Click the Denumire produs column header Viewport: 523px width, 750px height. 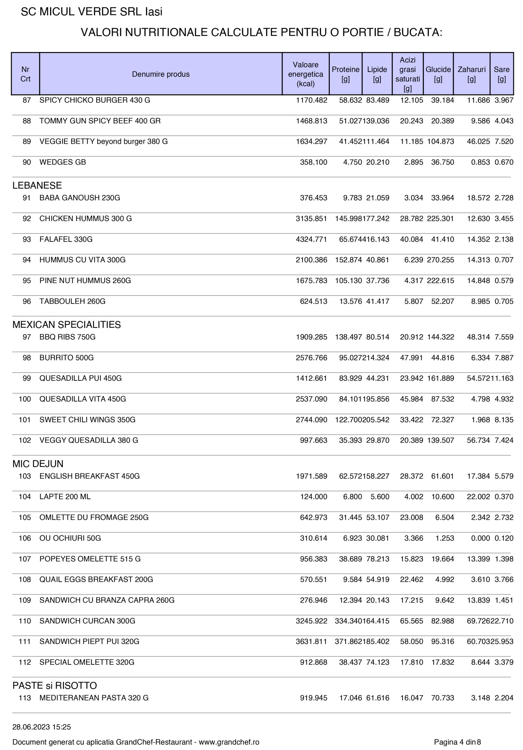pos(160,74)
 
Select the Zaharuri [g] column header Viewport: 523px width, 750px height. pos(471,74)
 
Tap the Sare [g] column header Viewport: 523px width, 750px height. pos(501,74)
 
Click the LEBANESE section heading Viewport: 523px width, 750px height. pos(37,185)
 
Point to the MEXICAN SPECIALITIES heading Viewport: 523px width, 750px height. pos(67,324)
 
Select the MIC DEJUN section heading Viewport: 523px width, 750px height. pos(38,463)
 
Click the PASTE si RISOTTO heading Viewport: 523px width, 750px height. pos(55,685)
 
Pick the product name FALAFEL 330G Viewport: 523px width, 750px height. pos(66,239)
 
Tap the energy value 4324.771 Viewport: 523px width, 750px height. pos(311,239)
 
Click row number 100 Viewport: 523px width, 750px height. pos(25,399)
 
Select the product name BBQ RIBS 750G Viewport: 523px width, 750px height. pos(67,337)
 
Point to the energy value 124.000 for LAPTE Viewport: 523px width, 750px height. pos(313,497)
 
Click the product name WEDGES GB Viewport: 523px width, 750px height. pos(63,162)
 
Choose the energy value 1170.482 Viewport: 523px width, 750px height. pos(311,100)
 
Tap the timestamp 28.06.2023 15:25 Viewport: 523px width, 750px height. pos(42,727)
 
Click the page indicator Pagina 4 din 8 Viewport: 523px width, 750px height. pos(457,742)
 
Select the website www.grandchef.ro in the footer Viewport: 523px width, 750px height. pos(229,742)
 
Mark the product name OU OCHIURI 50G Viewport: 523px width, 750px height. pos(70,538)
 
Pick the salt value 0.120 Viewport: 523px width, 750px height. pos(504,538)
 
